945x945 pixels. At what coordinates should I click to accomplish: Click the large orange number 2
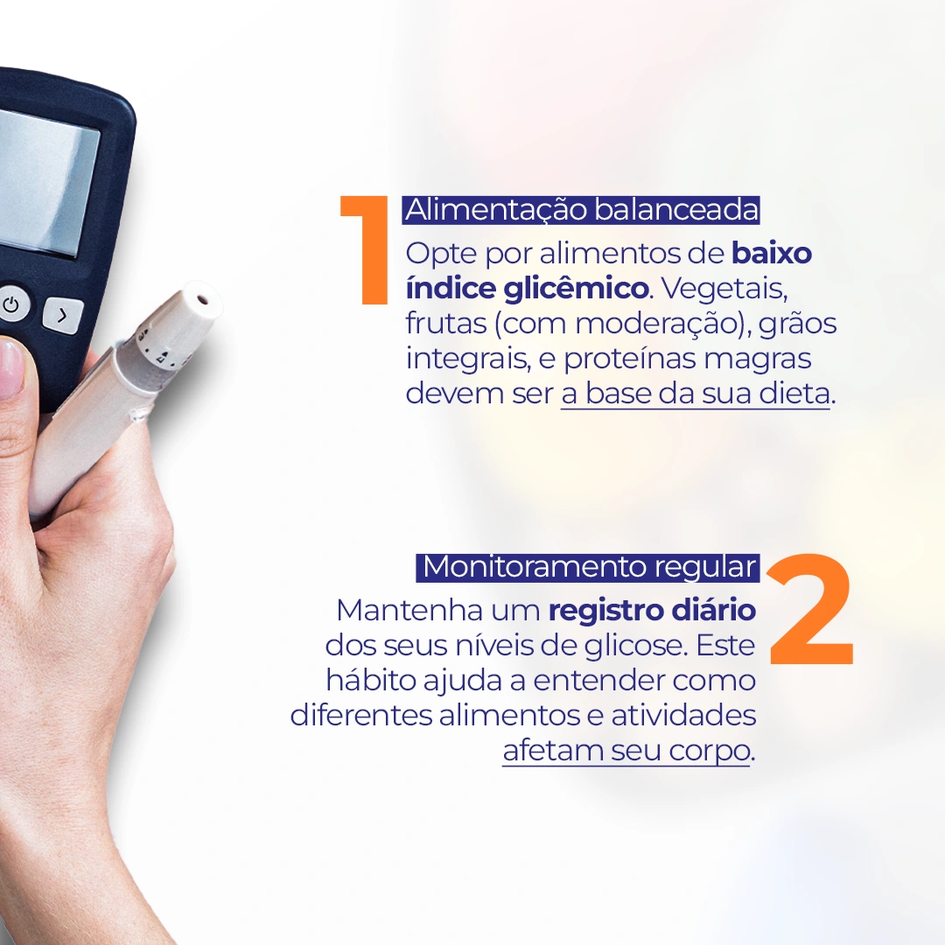point(809,609)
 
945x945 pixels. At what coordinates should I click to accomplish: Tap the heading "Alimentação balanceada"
point(582,210)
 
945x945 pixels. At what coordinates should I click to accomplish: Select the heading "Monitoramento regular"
point(589,567)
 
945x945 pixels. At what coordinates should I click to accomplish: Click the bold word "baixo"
point(772,253)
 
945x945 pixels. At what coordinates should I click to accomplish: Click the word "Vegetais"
point(724,289)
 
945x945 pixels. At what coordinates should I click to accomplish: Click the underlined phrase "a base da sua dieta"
point(696,395)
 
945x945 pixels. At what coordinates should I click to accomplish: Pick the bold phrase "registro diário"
point(652,611)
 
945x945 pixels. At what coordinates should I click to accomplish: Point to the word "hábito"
point(371,681)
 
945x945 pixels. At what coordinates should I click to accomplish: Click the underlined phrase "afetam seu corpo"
point(626,751)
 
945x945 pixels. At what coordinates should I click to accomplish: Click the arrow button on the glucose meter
point(63,315)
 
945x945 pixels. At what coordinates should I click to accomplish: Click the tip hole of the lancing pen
point(202,299)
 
